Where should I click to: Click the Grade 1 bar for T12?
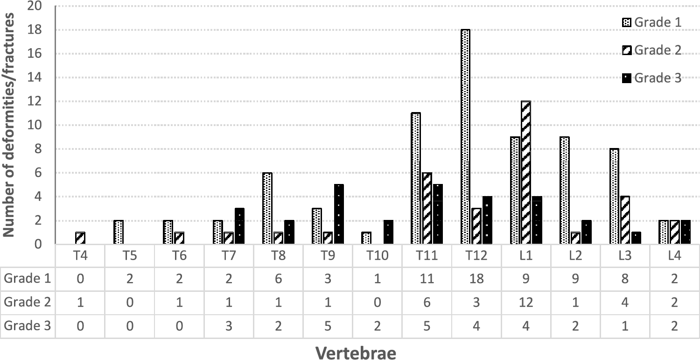[x=466, y=136]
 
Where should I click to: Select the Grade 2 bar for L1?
[x=526, y=172]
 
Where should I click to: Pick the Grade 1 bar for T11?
[x=416, y=178]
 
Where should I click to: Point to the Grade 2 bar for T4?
[x=80, y=238]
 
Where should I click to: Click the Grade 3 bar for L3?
[x=636, y=238]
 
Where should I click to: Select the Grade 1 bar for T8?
[x=267, y=208]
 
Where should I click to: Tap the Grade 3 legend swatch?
[x=626, y=78]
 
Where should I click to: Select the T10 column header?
[x=377, y=256]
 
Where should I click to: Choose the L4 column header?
[x=675, y=256]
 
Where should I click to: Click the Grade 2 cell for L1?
[x=526, y=302]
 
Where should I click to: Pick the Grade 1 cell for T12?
[x=476, y=279]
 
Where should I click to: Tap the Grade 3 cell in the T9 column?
[x=328, y=325]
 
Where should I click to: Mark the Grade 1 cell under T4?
[x=80, y=279]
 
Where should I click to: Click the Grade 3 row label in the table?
[x=28, y=325]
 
